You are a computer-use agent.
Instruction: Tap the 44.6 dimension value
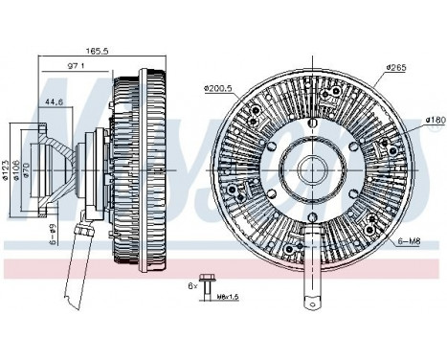(55, 101)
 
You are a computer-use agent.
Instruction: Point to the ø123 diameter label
(8, 169)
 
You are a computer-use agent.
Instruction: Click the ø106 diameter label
(18, 169)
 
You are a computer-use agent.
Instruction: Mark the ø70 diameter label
(28, 169)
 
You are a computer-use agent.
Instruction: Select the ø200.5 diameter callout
(219, 89)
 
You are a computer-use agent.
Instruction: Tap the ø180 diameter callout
(435, 120)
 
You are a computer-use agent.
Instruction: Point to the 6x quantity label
(192, 285)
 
